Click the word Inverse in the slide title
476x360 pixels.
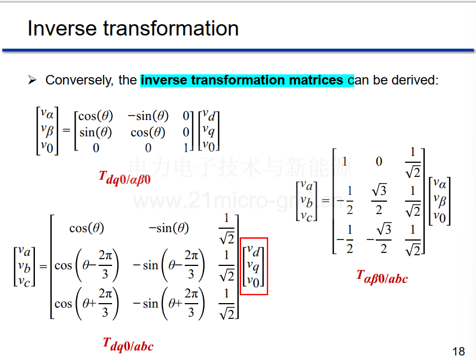(x=63, y=28)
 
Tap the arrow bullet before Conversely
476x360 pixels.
(x=32, y=80)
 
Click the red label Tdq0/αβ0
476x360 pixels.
(x=124, y=178)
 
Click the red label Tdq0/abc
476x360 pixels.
(x=128, y=345)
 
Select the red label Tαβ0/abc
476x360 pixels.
(x=382, y=277)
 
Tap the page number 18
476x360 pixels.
(x=459, y=351)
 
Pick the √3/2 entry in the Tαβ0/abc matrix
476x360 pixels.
(x=379, y=200)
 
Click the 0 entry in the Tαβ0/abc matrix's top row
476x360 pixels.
(x=379, y=162)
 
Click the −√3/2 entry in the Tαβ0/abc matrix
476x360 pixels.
(x=379, y=239)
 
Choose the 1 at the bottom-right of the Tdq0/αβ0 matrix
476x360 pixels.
(x=185, y=148)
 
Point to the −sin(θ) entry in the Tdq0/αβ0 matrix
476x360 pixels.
(x=148, y=116)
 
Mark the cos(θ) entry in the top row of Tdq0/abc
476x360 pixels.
(x=87, y=228)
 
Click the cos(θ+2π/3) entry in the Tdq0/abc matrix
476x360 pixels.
(x=87, y=304)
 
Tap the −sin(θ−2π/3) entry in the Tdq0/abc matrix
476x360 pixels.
(x=169, y=265)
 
